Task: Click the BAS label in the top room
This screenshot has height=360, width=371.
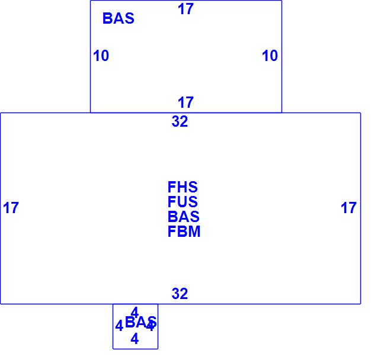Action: [x=119, y=18]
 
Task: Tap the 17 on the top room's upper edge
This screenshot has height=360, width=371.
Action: [x=185, y=9]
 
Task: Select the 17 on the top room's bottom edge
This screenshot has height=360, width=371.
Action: [x=185, y=102]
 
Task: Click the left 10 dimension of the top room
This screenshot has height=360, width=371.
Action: [x=101, y=56]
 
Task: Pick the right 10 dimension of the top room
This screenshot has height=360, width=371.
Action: [x=270, y=56]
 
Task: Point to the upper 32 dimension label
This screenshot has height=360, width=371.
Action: [x=180, y=121]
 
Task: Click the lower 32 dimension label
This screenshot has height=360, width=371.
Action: [x=180, y=294]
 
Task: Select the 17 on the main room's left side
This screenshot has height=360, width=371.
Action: [x=11, y=208]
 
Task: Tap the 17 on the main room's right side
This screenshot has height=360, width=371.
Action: [x=348, y=208]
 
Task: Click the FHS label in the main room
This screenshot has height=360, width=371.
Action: [x=183, y=188]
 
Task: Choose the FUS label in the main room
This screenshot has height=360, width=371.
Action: [x=183, y=202]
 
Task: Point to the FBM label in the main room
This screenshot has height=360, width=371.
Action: [x=184, y=232]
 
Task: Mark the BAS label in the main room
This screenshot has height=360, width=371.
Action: [x=183, y=217]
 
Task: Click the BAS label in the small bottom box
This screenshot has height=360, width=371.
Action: [x=140, y=323]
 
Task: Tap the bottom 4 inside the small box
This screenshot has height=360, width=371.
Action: [x=135, y=339]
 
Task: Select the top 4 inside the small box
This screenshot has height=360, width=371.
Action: [x=135, y=312]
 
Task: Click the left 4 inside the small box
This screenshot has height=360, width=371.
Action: [x=119, y=326]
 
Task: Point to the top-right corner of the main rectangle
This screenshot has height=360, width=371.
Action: [x=360, y=112]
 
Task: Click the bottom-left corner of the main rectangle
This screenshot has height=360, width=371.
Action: [x=1, y=304]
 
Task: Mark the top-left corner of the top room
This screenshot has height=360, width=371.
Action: [x=90, y=1]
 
